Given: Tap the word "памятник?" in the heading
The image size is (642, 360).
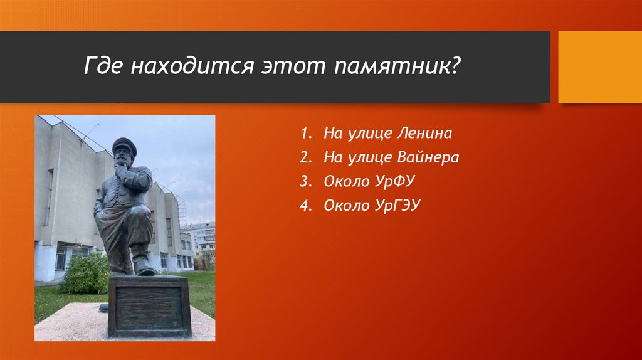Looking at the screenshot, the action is point(397,66).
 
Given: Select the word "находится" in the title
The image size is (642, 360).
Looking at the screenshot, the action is point(192,66).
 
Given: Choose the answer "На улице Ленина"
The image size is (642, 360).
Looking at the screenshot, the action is point(387,133).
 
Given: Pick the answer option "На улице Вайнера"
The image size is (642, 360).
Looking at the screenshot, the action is point(391,157).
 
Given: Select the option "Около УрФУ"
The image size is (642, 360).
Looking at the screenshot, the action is point(369,181).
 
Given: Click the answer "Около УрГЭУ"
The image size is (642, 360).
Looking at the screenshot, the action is point(372,205).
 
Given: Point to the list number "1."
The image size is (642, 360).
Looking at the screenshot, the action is point(306,133).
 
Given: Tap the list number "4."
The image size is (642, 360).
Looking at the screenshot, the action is point(306,206).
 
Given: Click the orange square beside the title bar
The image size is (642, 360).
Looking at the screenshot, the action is point(600,66).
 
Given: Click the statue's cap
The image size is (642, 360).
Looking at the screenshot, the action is point(124,145).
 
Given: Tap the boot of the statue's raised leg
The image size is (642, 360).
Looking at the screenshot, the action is point(143,266).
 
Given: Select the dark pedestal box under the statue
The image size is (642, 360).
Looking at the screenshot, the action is point(149,306).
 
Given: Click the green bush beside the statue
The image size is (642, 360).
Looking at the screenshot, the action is point(85,273).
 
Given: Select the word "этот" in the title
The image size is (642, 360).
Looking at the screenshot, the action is point(293,66).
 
